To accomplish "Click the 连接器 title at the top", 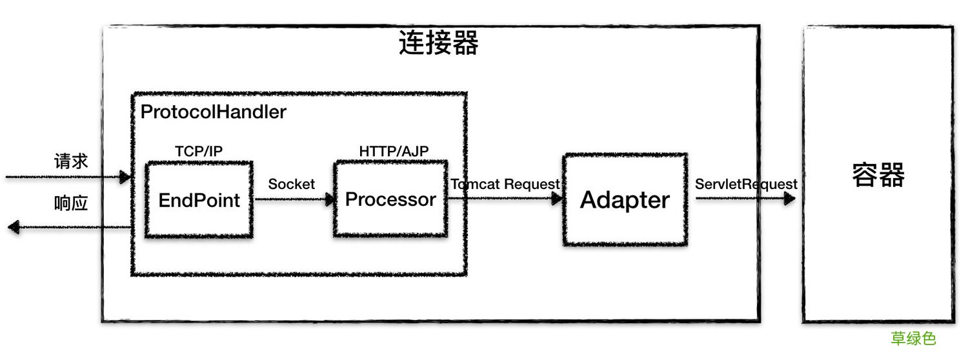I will click(438, 44).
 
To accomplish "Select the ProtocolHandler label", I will click(213, 112).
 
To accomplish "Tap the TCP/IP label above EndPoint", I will click(199, 150).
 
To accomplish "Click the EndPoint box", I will click(199, 200).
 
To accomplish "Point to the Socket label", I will click(292, 184).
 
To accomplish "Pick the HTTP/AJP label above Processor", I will click(394, 150).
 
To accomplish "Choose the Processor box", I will click(390, 199).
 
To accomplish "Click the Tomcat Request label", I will click(505, 184).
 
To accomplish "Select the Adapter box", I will click(625, 199).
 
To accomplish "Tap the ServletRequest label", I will click(746, 184).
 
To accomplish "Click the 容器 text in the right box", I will click(878, 175).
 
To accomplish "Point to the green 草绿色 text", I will click(913, 339).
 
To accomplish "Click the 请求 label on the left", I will click(70, 161).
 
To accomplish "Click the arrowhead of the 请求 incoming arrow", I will click(125, 177).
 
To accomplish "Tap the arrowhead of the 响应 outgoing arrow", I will click(13, 226).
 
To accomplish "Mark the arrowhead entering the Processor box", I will click(330, 199).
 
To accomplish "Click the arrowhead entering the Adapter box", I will click(557, 199).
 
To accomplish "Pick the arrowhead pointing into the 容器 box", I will click(789, 199).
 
